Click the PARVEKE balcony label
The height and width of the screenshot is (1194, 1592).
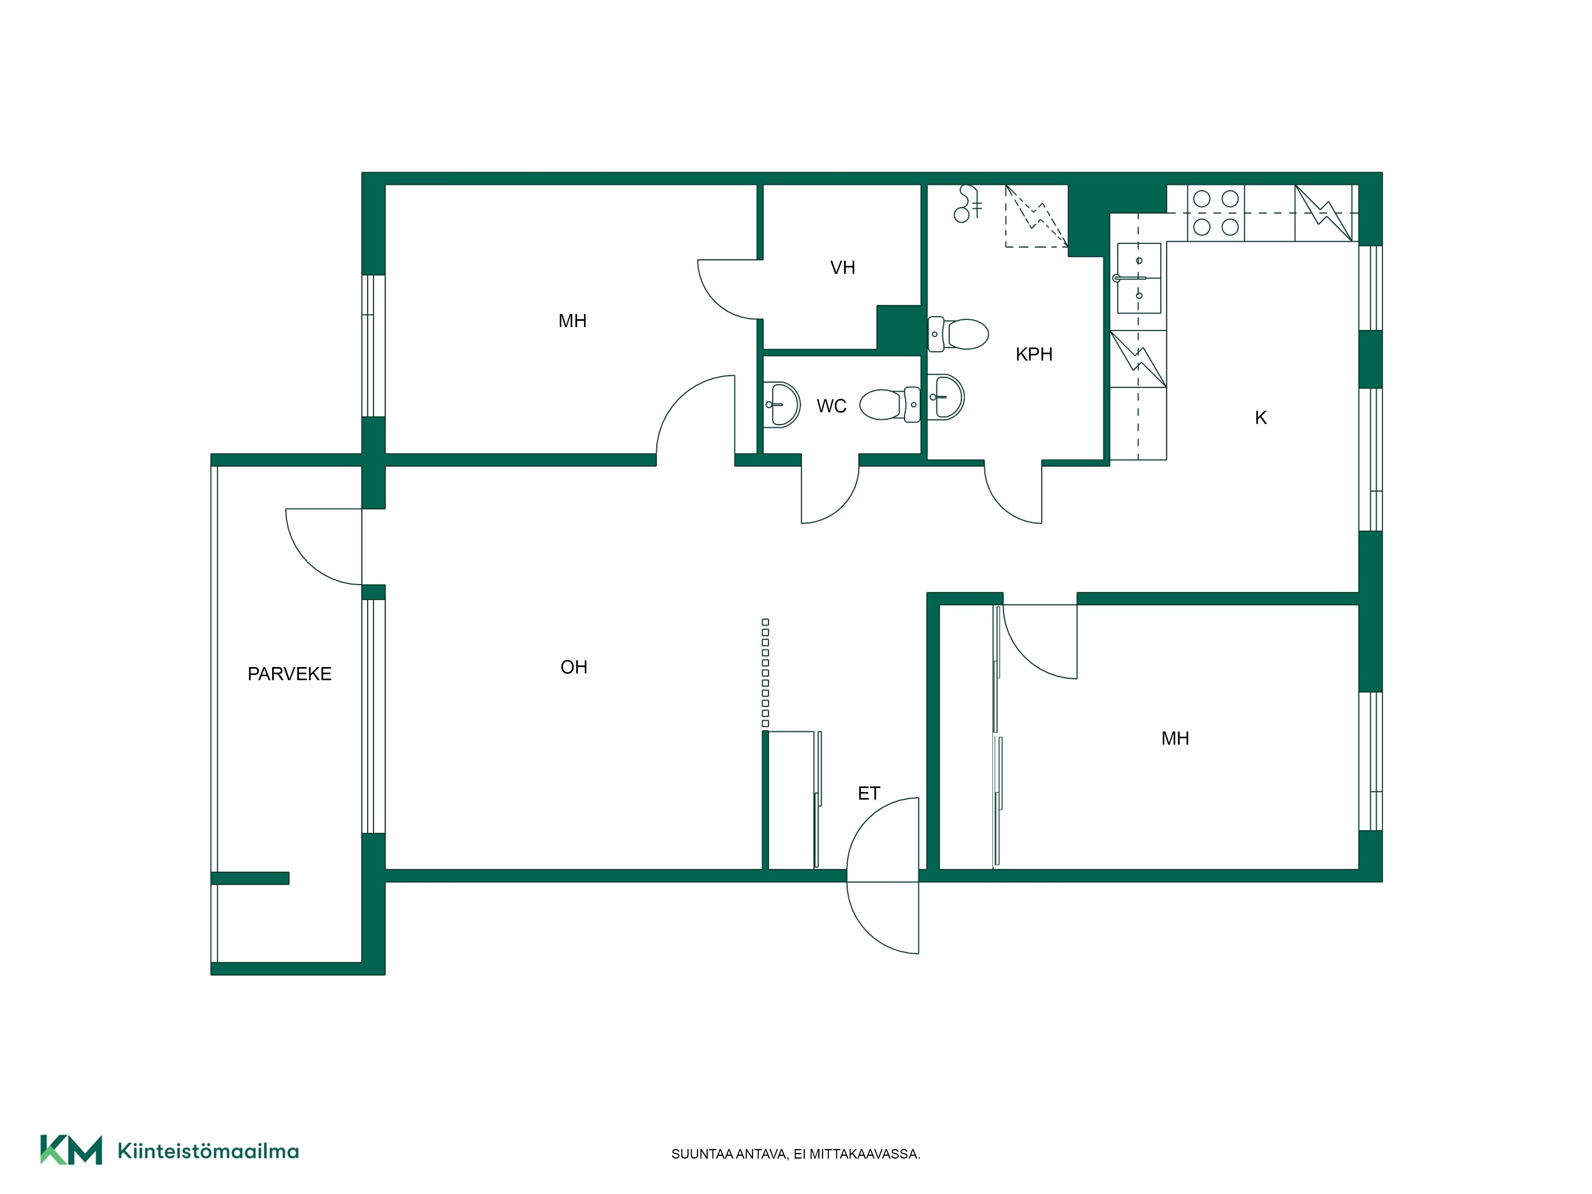[289, 674]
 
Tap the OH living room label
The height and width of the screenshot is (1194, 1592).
[574, 667]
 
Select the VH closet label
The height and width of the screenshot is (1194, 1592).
[843, 268]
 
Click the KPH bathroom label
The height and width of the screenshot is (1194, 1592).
[1034, 354]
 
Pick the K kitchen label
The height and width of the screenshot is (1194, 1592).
[1260, 418]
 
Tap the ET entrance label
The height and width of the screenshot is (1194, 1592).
[869, 793]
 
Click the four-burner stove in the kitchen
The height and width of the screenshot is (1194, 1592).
[1215, 213]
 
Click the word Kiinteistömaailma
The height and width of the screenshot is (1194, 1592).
[208, 1151]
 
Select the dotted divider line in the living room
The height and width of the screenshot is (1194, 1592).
[765, 673]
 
